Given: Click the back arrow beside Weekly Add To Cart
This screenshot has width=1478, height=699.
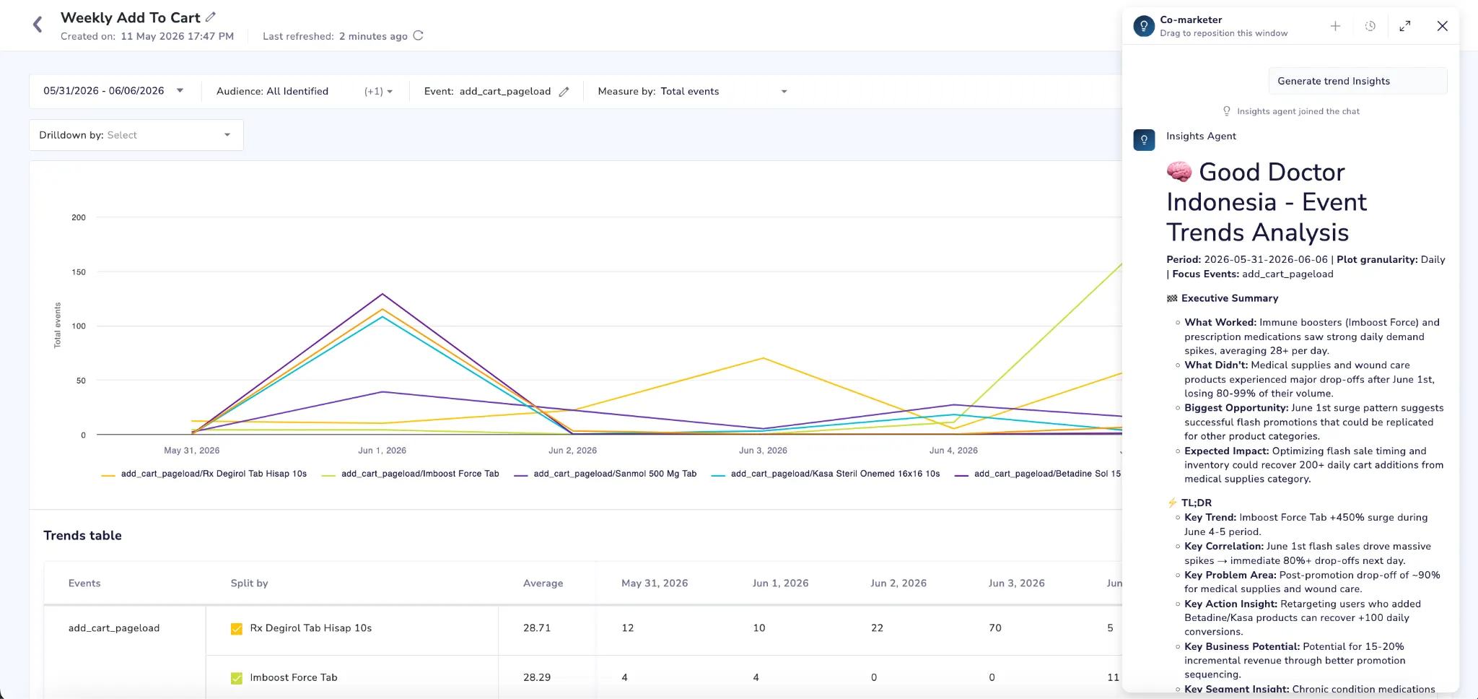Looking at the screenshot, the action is [x=38, y=25].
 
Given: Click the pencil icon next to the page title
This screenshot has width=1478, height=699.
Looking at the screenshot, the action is [x=211, y=17].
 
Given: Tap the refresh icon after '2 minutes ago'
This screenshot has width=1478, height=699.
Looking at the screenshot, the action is [x=418, y=35].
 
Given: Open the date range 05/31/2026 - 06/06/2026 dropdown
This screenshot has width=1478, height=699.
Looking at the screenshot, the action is [x=114, y=91].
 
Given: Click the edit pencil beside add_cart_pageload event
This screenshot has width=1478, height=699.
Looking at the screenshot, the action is [x=564, y=92].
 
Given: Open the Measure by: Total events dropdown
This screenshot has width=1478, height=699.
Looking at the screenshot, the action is [x=691, y=91].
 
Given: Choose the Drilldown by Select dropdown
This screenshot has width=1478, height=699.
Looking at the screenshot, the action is [x=136, y=135].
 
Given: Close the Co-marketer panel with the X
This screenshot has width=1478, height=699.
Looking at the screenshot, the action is [x=1442, y=26].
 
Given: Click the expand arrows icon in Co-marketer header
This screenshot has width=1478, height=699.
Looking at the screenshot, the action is [x=1404, y=26].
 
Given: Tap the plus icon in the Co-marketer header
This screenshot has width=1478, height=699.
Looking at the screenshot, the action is [x=1335, y=26].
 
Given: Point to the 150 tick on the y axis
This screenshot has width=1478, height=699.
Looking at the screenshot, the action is [x=79, y=272].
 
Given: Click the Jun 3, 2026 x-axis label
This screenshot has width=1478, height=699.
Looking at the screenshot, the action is [x=763, y=450].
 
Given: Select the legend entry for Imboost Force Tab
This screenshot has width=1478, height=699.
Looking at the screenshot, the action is [x=411, y=474].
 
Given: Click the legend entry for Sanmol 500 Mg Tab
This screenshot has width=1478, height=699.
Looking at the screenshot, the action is [x=605, y=474].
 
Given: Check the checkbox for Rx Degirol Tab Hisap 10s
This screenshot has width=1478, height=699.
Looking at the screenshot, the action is [x=237, y=629].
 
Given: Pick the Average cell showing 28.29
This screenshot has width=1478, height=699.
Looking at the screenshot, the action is [x=537, y=677].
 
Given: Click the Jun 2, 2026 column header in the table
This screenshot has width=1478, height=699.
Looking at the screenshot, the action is [x=898, y=583].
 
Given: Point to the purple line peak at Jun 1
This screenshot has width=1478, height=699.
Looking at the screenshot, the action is [x=382, y=294].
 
